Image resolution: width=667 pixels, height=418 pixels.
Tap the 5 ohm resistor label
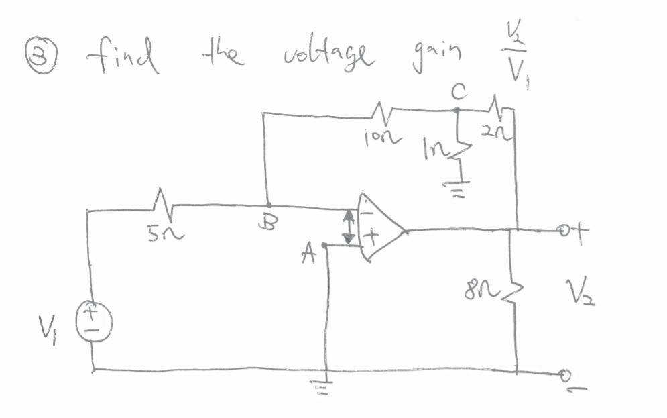tap(162, 235)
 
